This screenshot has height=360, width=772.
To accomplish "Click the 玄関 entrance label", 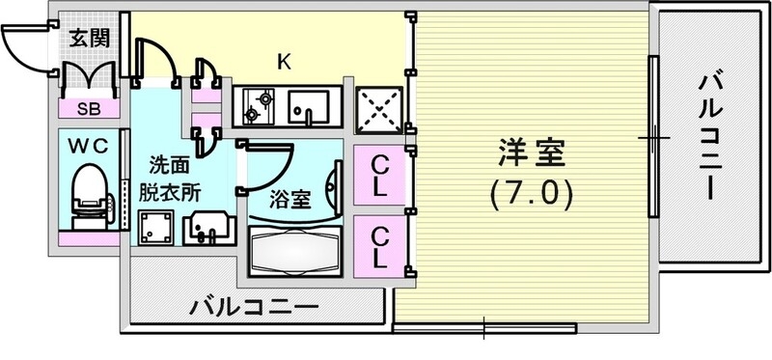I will pyautogui.click(x=89, y=40).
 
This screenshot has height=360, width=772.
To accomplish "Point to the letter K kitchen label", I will pyautogui.click(x=284, y=62).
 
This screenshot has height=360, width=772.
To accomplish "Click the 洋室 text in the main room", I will pyautogui.click(x=530, y=152).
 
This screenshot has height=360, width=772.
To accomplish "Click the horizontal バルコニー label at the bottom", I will pyautogui.click(x=253, y=309).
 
